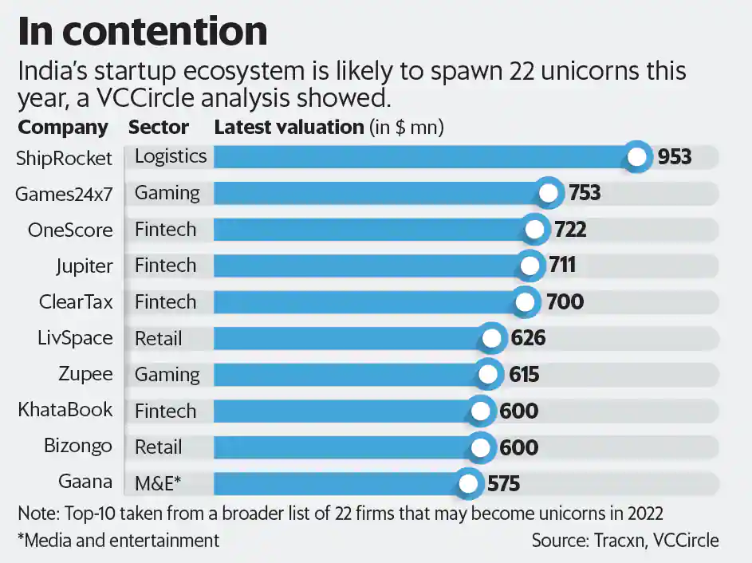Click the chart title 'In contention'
tap(142, 31)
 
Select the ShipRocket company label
tap(64, 158)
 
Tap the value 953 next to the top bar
tap(674, 157)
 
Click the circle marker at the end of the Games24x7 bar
tap(547, 193)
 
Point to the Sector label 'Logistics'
tap(171, 156)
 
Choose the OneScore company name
tap(70, 230)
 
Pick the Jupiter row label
tap(84, 266)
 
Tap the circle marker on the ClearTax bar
tap(525, 301)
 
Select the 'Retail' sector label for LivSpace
tap(159, 338)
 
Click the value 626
tap(528, 338)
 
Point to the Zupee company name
tap(85, 374)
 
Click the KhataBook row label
tap(65, 410)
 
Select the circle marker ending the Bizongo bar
tap(480, 447)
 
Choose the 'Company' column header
tap(63, 128)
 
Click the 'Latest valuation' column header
tap(289, 128)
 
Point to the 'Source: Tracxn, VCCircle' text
tap(625, 540)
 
